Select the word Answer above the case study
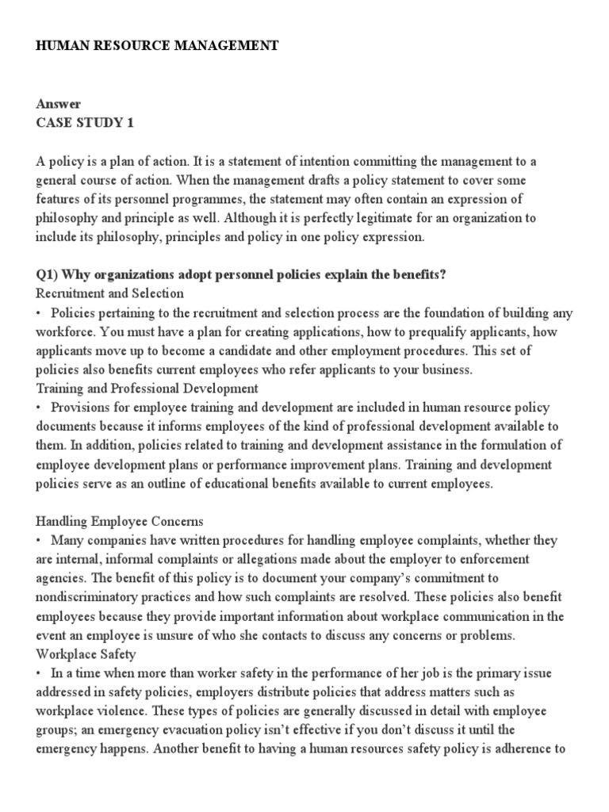59,104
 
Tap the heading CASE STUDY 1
80,123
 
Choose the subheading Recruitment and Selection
109,293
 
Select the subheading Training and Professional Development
147,389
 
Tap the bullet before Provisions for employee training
39,408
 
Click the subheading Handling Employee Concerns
120,521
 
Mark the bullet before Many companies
39,540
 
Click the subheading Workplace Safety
86,654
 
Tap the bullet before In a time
39,673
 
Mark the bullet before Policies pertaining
39,312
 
